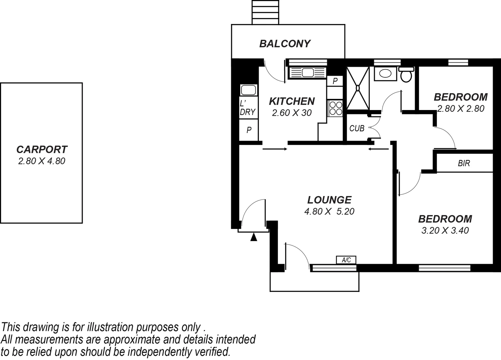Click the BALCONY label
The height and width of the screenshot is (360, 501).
[x=285, y=44]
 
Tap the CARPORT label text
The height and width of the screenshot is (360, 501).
[x=42, y=149]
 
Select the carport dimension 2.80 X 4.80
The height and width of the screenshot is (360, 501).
[x=42, y=161]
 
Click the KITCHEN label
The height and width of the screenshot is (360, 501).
[x=292, y=101]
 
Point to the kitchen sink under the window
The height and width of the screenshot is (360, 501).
[x=307, y=72]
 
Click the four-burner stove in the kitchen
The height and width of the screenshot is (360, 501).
[x=335, y=108]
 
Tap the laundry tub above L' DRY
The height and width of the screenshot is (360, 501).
[x=248, y=90]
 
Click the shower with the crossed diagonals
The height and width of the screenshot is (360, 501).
[x=358, y=88]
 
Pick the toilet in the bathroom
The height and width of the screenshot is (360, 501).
[x=406, y=75]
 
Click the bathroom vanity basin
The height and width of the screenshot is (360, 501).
[x=385, y=74]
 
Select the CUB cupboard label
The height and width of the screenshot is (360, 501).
[x=357, y=128]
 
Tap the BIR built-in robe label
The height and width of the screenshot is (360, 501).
[x=464, y=163]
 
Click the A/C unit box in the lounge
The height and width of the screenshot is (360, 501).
[x=346, y=260]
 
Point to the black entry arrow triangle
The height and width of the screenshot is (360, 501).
[x=254, y=237]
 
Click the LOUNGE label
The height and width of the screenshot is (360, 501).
[x=329, y=200]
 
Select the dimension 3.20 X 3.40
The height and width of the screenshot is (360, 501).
[x=445, y=230]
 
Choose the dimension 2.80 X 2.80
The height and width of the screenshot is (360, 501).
[x=461, y=109]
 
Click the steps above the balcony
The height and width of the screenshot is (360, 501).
[x=265, y=12]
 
